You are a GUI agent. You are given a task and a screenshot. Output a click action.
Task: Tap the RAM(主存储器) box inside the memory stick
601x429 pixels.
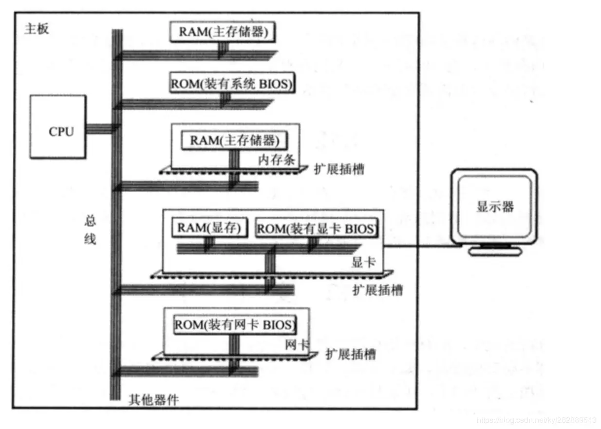[234, 141]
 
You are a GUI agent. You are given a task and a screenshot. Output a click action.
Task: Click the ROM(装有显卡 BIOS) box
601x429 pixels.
[317, 229]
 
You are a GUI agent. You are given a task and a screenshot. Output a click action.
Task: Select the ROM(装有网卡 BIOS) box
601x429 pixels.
[235, 324]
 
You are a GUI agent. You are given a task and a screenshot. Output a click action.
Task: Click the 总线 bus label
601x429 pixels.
[91, 230]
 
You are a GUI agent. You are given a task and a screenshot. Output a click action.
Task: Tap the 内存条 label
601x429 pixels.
[277, 160]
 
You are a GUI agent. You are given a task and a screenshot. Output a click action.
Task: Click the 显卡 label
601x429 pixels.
[363, 262]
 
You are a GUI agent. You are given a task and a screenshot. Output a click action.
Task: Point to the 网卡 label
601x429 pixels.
[297, 345]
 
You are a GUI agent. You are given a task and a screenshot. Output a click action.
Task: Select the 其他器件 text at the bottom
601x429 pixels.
[153, 400]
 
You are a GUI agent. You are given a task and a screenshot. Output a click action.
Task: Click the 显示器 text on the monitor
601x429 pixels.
[495, 206]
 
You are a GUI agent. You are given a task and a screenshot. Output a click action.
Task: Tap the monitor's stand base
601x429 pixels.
[495, 252]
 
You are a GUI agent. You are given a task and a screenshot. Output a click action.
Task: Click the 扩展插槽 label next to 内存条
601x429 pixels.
[340, 170]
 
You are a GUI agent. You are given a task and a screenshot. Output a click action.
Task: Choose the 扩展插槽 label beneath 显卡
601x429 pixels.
[378, 290]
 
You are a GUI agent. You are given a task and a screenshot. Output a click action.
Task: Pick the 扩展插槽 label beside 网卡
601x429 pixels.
[351, 354]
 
